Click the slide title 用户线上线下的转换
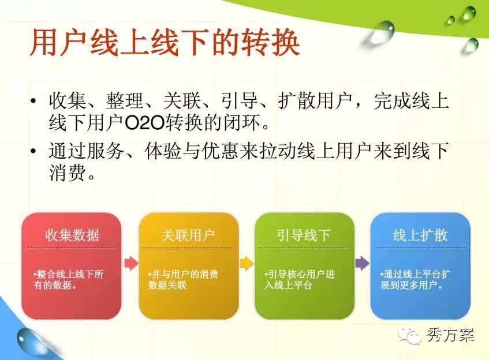click(x=165, y=42)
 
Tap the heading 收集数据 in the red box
click(x=72, y=235)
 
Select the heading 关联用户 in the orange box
click(x=188, y=235)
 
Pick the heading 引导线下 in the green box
click(x=304, y=235)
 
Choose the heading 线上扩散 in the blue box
click(x=420, y=235)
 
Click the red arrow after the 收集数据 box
click(x=131, y=264)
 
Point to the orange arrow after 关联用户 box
click(x=247, y=264)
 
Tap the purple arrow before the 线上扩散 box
click(x=362, y=264)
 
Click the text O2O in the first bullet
click(x=144, y=123)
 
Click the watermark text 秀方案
click(x=450, y=335)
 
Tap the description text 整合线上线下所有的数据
click(x=68, y=280)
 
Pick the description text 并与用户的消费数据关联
click(x=183, y=280)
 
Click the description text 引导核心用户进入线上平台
click(x=300, y=280)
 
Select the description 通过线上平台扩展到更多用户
click(x=416, y=280)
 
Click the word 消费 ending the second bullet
click(x=68, y=172)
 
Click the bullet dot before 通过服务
click(x=33, y=151)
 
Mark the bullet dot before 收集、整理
click(x=33, y=101)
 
